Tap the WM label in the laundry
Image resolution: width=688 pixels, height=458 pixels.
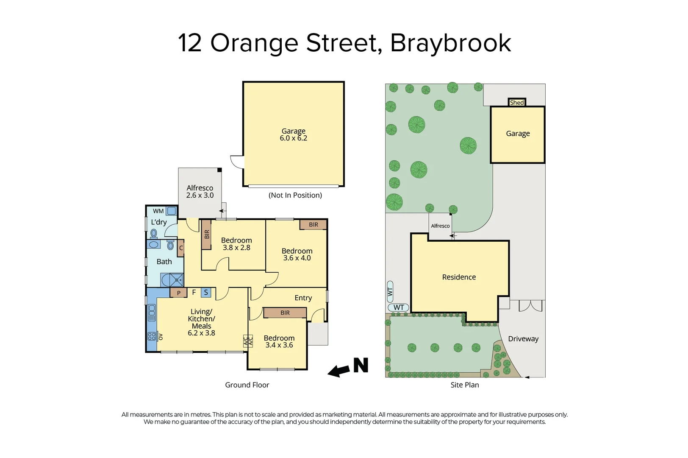[158, 211]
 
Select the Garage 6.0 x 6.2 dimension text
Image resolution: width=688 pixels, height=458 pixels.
[294, 138]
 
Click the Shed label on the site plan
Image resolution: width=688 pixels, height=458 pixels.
[517, 103]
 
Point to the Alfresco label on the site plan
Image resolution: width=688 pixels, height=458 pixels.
[440, 226]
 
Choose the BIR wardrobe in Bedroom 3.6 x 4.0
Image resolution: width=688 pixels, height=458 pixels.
[313, 225]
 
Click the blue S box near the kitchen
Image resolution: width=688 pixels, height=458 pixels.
[206, 292]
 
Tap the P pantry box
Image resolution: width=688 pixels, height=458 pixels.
[179, 293]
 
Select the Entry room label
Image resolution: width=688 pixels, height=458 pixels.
[303, 298]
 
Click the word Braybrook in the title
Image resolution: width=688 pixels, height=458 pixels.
[451, 43]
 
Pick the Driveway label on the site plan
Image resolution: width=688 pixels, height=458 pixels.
[523, 339]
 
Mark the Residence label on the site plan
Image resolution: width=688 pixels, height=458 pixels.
[459, 277]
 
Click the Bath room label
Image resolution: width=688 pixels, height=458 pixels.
[164, 262]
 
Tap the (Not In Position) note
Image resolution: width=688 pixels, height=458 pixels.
[295, 195]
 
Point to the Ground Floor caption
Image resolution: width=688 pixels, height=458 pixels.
[247, 385]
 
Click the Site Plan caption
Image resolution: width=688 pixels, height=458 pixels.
[465, 385]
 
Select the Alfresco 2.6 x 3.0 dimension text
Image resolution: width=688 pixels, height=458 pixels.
[200, 195]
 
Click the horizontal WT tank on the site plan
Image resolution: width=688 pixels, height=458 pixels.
[399, 308]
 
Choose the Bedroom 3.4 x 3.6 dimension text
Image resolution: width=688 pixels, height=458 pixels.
[279, 345]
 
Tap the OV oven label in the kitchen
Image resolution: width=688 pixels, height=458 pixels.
[161, 337]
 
